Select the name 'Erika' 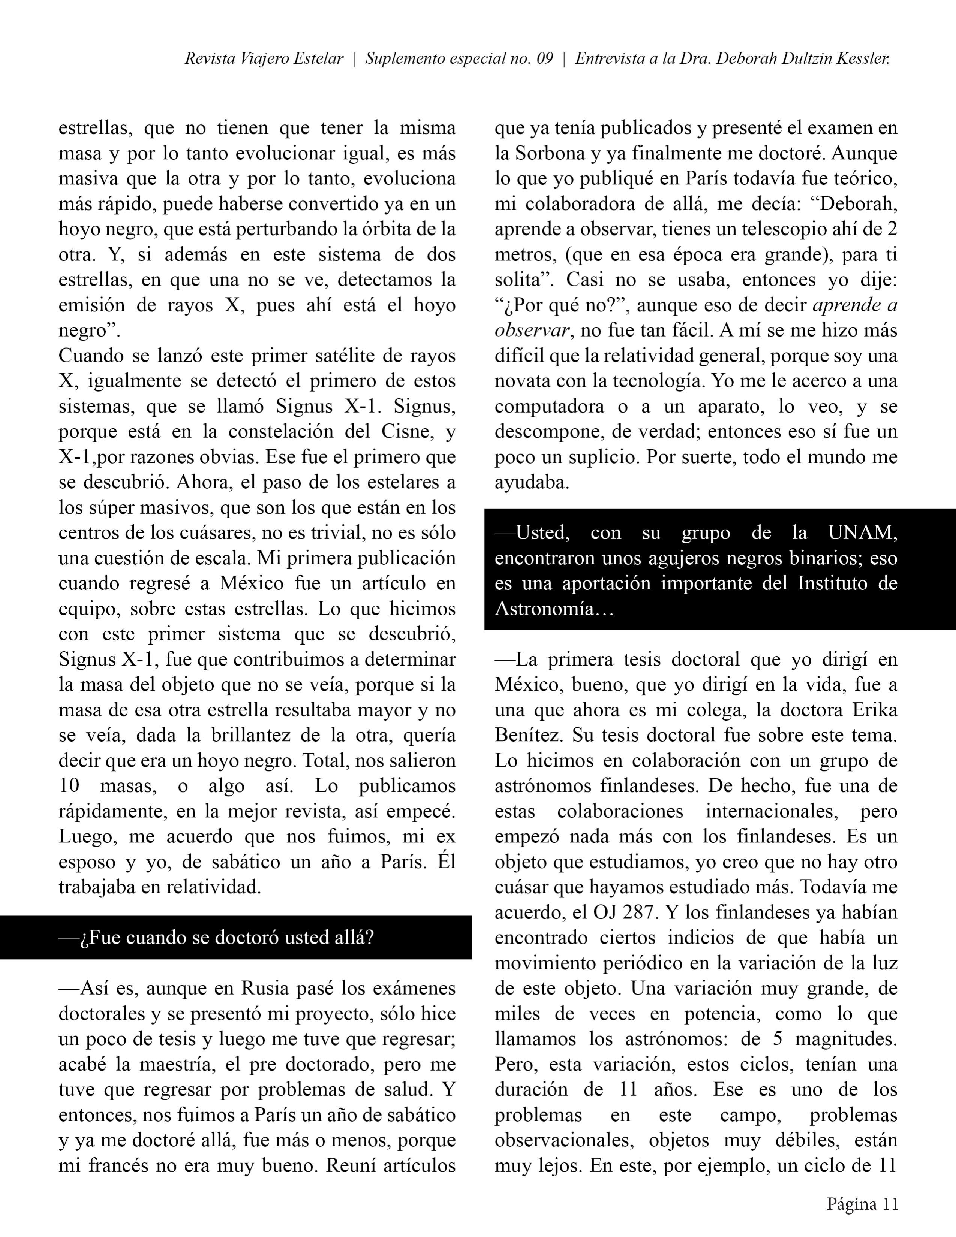[x=876, y=710]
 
